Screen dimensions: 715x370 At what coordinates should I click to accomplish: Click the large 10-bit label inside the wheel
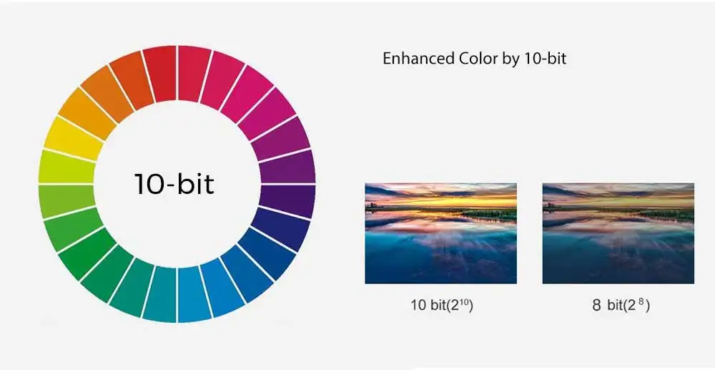coord(174,183)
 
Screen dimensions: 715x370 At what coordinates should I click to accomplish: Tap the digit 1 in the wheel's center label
coord(139,184)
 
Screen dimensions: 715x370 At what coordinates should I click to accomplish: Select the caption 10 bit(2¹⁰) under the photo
coord(442,305)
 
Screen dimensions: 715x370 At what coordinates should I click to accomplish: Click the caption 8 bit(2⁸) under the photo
coord(621,305)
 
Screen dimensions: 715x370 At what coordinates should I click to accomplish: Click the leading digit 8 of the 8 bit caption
coord(597,306)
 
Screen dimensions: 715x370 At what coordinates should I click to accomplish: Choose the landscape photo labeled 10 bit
coord(441,233)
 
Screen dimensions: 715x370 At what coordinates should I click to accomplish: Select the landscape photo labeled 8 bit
coord(618,233)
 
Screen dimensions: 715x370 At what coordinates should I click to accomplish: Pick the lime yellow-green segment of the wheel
coord(66,167)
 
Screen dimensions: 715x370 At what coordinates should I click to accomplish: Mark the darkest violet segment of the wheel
coord(287,200)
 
